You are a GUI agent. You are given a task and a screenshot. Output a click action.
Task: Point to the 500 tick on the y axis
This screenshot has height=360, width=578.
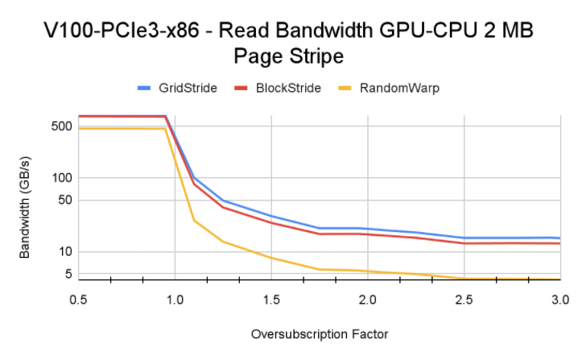[x=62, y=126]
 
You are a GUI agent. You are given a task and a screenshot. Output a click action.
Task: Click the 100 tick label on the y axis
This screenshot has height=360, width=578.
[x=62, y=178]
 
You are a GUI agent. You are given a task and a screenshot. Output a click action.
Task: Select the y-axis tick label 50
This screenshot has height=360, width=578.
[x=65, y=201]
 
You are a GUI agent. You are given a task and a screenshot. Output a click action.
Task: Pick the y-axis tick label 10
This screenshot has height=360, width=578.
[x=65, y=252]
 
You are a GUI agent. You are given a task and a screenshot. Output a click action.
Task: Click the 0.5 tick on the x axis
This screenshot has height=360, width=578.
[x=78, y=299]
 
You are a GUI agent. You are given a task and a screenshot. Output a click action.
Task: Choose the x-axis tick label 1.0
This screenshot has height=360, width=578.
[x=175, y=299]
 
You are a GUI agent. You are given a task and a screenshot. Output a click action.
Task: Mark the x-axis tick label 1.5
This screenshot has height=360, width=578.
[x=271, y=299]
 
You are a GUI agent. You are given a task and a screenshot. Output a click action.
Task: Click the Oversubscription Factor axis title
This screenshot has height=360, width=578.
[x=320, y=334]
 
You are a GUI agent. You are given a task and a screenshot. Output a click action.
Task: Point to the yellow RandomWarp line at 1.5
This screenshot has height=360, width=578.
[x=271, y=258]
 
